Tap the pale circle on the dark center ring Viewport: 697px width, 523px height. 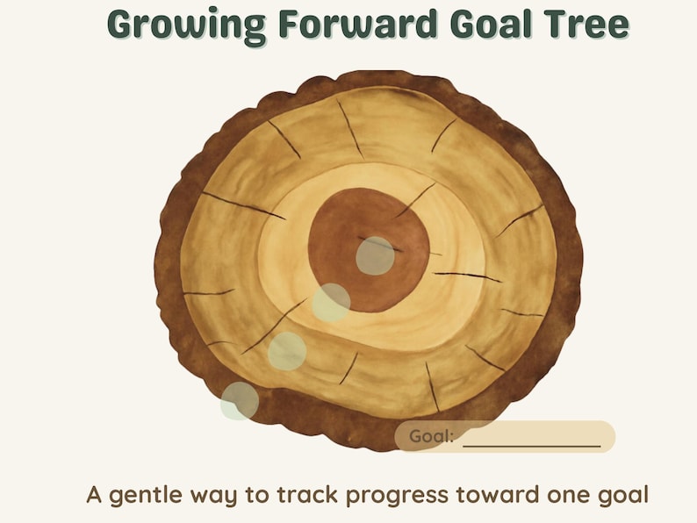click(375, 255)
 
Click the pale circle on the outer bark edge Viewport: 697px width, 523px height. click(240, 401)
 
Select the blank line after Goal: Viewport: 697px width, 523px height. click(532, 438)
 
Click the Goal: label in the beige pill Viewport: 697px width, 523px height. click(432, 436)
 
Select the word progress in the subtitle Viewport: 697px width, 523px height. click(397, 496)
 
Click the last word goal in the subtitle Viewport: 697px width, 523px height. click(623, 496)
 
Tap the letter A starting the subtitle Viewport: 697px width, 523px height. click(95, 495)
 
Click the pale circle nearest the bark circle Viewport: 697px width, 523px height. click(286, 351)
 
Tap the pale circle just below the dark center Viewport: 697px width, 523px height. click(331, 303)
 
